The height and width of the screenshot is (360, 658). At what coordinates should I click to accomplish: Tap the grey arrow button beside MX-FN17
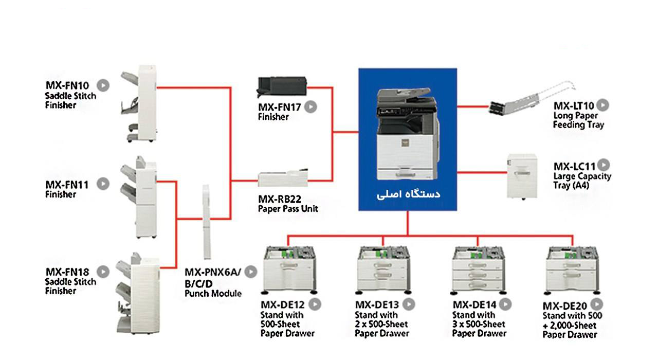310,107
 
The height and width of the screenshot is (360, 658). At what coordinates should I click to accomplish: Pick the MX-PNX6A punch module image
207,222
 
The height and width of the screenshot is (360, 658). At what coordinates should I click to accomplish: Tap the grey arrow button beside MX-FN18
104,272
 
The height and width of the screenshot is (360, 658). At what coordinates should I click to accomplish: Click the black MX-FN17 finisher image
281,86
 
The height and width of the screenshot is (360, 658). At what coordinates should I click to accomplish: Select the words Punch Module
213,294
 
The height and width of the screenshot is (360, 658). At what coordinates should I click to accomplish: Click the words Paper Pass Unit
288,209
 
